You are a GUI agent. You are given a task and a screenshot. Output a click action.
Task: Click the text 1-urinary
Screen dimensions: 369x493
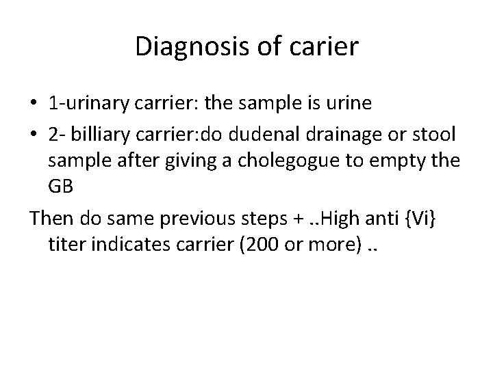pos(88,103)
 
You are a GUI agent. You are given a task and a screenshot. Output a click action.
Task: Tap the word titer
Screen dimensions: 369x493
pos(65,245)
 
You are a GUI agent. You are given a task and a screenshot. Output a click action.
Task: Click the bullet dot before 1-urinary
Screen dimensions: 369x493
pos(33,104)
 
